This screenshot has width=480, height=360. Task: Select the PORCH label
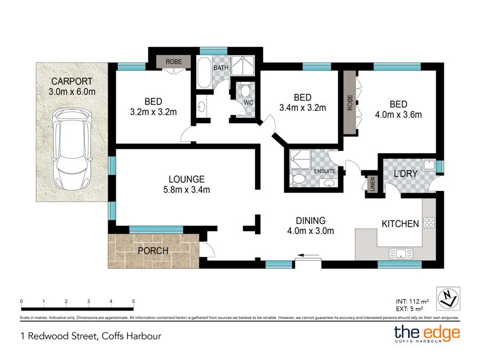(153, 251)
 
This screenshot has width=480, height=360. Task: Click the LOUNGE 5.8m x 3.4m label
(187, 184)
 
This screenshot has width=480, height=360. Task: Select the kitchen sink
(399, 253)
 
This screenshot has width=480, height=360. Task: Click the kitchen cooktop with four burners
(429, 223)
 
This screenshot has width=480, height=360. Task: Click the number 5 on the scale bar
(133, 301)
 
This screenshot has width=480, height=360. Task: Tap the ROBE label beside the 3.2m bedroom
(174, 62)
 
